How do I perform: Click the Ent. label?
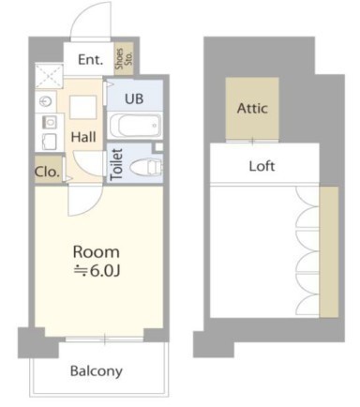click(x=90, y=59)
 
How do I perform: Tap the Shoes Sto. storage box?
click(x=124, y=58)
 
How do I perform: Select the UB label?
click(x=134, y=98)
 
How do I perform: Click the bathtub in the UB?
click(x=135, y=126)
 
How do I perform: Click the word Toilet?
click(x=116, y=164)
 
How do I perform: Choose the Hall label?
click(x=83, y=137)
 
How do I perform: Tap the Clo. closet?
click(x=48, y=171)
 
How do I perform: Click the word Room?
click(x=97, y=252)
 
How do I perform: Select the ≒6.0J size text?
click(x=97, y=271)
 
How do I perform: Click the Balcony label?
click(x=97, y=371)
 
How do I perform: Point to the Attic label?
click(x=252, y=108)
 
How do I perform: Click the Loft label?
click(x=262, y=166)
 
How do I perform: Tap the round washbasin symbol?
click(x=46, y=101)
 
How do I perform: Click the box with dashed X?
click(x=49, y=76)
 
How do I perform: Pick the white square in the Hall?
click(x=82, y=107)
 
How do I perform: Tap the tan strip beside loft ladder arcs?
click(x=329, y=252)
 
